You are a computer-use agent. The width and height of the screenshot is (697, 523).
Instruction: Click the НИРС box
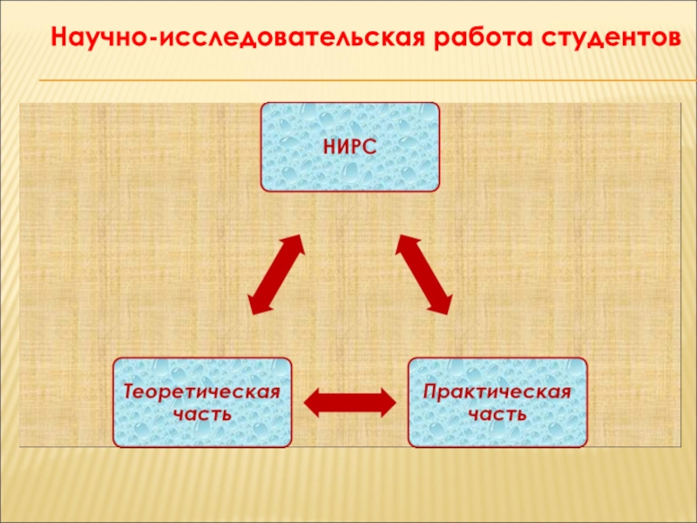point(350,146)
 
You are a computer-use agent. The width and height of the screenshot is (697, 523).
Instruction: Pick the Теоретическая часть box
point(202,402)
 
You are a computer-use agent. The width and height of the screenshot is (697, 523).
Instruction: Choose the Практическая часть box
point(497,402)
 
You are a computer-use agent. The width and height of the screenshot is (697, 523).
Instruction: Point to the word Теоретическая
point(202,391)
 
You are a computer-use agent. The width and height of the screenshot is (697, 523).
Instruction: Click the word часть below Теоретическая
point(202,413)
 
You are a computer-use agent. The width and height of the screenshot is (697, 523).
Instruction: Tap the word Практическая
point(497,391)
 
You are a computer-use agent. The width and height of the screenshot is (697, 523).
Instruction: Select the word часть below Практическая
point(497,413)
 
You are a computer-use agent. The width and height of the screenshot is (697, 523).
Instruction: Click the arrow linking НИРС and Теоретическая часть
point(276,274)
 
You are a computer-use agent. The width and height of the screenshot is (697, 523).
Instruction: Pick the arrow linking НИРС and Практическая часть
point(423,274)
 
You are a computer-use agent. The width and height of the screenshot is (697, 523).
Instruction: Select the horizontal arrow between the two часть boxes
point(349,402)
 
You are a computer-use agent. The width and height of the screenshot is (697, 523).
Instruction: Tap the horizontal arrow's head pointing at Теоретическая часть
point(313,402)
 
